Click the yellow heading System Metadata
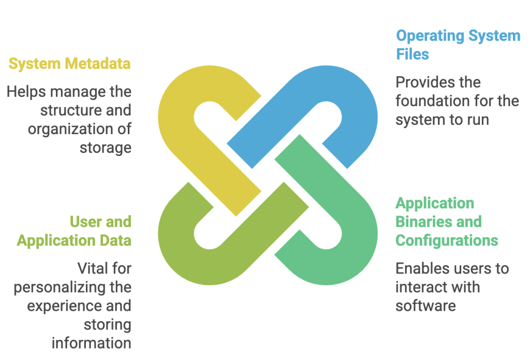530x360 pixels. point(69,64)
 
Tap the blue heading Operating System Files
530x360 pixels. point(458,45)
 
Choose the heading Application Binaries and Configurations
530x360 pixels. point(446,222)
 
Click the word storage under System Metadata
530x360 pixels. point(105,148)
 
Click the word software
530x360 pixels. point(425,306)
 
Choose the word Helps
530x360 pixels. point(26,92)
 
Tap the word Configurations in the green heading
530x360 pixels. point(446,240)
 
